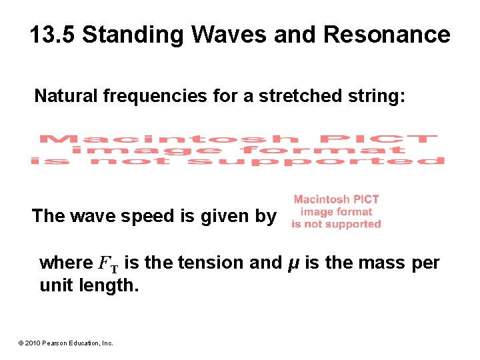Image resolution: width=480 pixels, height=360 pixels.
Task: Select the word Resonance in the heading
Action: point(387,35)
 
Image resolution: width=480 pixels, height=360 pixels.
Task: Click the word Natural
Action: point(67,97)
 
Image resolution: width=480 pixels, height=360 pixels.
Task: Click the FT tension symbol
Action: point(108,264)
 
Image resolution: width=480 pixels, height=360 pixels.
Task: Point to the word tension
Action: point(213,263)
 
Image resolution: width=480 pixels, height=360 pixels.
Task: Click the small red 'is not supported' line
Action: point(336,224)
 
